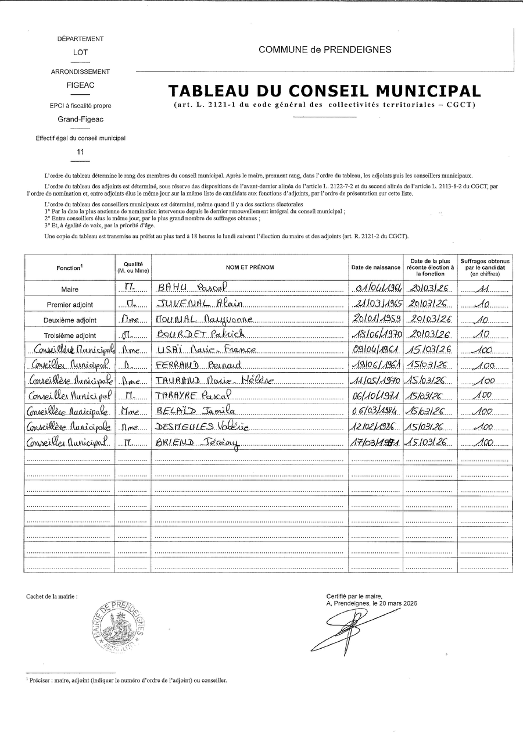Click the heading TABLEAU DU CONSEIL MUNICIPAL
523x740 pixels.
click(324, 91)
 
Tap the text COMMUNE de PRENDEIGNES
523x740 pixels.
click(325, 50)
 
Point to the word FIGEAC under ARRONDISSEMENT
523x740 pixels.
click(81, 84)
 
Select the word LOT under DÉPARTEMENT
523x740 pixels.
click(81, 52)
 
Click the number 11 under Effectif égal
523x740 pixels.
click(81, 152)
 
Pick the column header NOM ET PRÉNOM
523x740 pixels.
click(250, 267)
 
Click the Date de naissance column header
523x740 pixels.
click(375, 267)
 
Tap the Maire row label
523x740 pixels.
click(70, 289)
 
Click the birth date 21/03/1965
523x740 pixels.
click(375, 303)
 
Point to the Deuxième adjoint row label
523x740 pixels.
click(70, 320)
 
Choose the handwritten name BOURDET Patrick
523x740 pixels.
click(201, 334)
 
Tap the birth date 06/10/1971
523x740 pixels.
click(375, 396)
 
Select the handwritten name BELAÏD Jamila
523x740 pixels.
click(195, 411)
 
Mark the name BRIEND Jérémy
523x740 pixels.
click(198, 442)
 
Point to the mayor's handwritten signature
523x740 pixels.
click(343, 631)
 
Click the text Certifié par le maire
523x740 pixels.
click(354, 596)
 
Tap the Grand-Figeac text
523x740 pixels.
click(80, 119)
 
